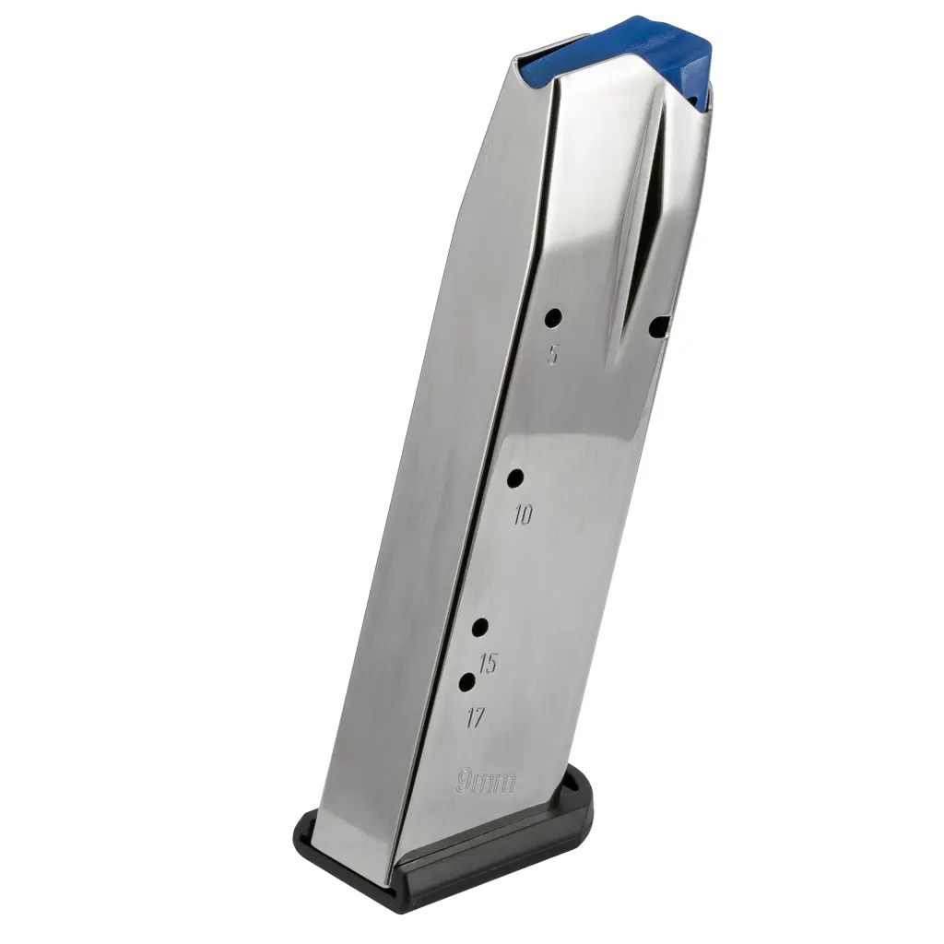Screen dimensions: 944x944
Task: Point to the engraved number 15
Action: click(x=489, y=664)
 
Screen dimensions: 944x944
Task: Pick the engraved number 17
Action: click(x=476, y=717)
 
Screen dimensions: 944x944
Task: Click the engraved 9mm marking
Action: click(x=486, y=781)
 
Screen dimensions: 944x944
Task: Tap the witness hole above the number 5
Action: click(x=553, y=317)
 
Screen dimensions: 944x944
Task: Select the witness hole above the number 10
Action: click(x=515, y=479)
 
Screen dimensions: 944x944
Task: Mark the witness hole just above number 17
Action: click(x=466, y=682)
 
